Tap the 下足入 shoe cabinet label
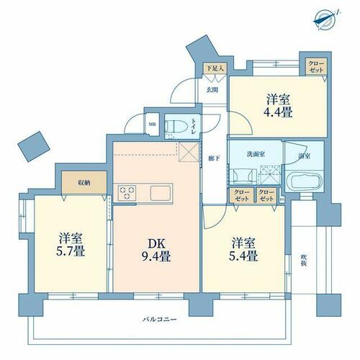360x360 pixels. (215, 68)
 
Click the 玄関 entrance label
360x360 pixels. (212, 90)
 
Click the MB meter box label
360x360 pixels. (152, 125)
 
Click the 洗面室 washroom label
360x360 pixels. (256, 154)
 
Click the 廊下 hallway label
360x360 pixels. (214, 158)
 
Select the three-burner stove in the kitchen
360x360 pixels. (127, 193)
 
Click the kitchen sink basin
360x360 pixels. (161, 193)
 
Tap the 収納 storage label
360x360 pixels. (84, 183)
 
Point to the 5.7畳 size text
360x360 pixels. (71, 251)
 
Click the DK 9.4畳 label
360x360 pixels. (156, 250)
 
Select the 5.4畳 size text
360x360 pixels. (243, 256)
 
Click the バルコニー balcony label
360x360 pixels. (160, 319)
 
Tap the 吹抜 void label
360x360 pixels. (304, 260)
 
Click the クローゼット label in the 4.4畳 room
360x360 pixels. (316, 66)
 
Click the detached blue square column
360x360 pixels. (34, 146)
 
